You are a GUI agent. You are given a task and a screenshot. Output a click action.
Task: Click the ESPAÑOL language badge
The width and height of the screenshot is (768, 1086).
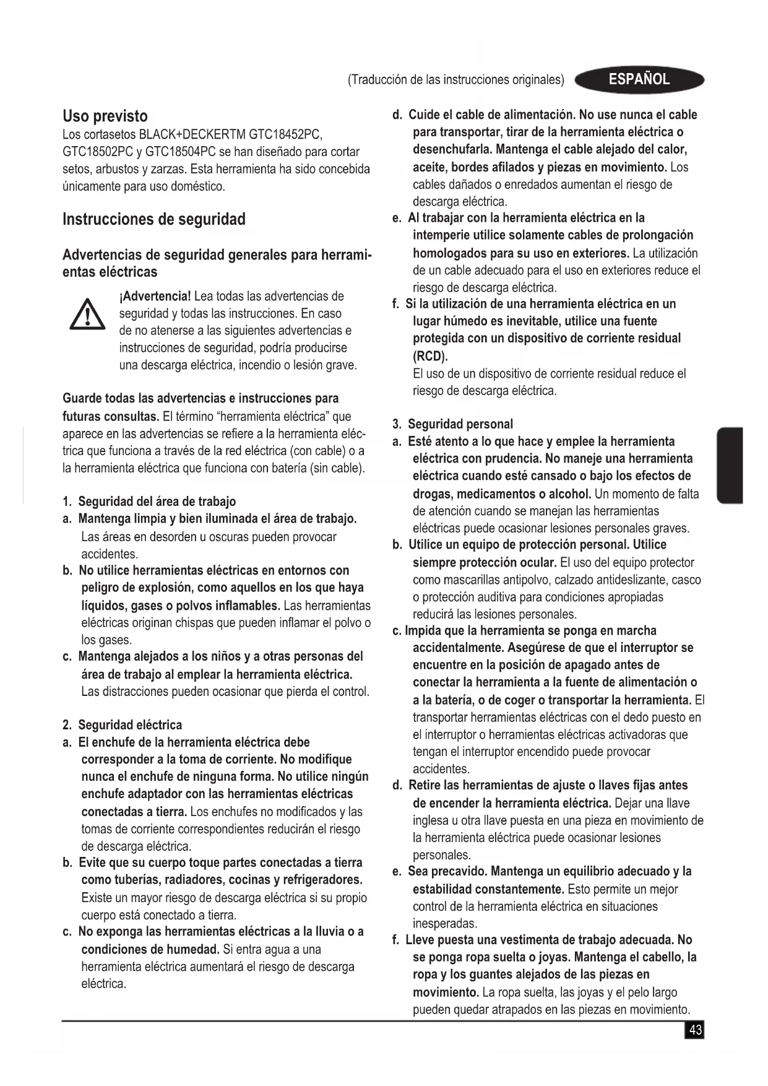[x=639, y=79]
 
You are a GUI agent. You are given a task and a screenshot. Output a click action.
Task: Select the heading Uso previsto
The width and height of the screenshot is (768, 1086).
[x=105, y=116]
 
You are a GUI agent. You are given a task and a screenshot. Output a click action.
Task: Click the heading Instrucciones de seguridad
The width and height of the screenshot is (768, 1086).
[x=154, y=219]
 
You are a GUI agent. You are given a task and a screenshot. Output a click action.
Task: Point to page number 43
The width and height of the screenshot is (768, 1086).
[x=695, y=1030]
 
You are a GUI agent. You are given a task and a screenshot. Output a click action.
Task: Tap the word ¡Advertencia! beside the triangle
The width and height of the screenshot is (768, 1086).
[x=155, y=296]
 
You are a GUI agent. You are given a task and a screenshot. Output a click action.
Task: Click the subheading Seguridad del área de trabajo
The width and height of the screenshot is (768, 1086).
[x=157, y=501]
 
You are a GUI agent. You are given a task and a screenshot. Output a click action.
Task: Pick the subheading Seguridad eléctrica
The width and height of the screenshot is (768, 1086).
[x=130, y=724]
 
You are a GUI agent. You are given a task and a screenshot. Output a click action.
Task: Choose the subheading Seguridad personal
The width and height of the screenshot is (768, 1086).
[x=460, y=424]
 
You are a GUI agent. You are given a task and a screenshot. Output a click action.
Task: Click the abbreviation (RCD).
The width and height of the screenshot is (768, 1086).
[x=430, y=356]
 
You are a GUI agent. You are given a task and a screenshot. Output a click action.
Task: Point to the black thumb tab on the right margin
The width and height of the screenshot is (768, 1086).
[x=730, y=465]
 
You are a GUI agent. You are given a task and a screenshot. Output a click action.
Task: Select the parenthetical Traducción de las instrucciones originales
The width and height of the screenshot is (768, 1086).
[x=456, y=80]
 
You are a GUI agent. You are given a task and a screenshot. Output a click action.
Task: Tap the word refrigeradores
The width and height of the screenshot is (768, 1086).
[x=322, y=880]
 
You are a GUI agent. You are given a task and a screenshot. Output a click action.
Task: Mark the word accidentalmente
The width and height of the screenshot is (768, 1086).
[x=459, y=648]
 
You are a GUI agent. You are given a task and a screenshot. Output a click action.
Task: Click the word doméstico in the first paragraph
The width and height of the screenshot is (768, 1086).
[x=194, y=186]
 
